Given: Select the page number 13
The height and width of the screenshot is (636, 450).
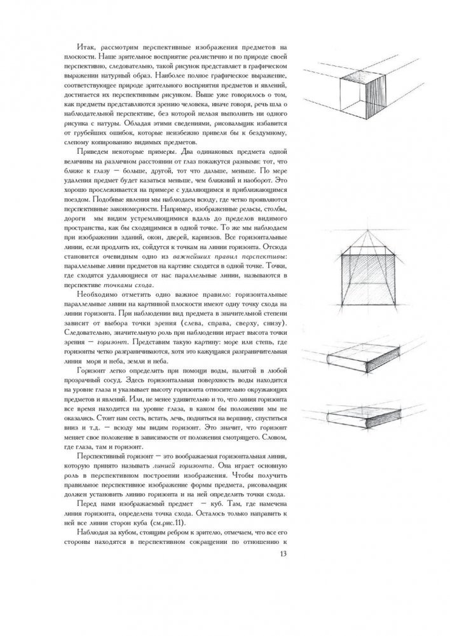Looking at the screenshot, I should (x=284, y=555).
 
